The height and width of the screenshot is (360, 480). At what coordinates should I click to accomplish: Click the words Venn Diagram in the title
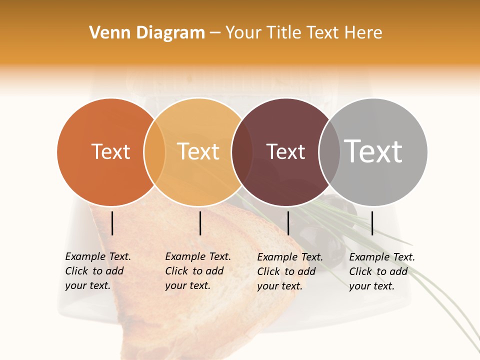[x=147, y=33]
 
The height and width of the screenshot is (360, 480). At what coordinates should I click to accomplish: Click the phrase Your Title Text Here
[x=303, y=33]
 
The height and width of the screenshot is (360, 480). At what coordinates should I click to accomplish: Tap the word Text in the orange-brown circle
[x=110, y=151]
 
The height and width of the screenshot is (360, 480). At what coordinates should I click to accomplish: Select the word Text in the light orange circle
[x=198, y=151]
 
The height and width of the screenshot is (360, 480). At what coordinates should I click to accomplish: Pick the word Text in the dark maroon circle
[x=285, y=151]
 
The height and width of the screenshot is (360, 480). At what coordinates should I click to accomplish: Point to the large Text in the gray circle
[x=373, y=151]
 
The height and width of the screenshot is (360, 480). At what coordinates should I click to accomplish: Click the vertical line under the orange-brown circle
[x=112, y=223]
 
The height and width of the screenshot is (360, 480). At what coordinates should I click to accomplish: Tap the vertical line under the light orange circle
[x=200, y=223]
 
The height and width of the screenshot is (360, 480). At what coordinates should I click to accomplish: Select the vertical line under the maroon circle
[x=288, y=223]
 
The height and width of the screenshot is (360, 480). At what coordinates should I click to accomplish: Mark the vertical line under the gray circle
[x=372, y=223]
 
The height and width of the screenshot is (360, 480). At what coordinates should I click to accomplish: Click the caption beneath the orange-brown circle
[x=98, y=271]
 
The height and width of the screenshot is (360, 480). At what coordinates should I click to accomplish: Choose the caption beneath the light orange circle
[x=198, y=271]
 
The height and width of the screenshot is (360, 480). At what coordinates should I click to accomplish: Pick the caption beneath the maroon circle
[x=290, y=271]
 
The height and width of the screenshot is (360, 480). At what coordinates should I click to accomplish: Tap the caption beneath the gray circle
[x=382, y=271]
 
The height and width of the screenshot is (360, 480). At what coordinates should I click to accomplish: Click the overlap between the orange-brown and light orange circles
[x=154, y=151]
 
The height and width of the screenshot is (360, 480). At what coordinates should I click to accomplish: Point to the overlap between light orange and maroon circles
[x=242, y=151]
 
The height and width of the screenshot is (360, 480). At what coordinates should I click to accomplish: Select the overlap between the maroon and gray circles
[x=329, y=151]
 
